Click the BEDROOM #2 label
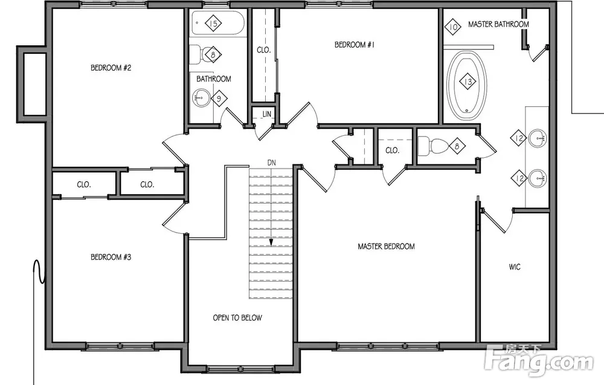pos(111,68)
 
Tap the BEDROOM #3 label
pos(111,257)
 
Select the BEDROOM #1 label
pos(355,45)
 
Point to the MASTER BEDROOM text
pos(387,246)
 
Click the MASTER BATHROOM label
pos(498,24)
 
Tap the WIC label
pos(515,267)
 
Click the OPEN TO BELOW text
pos(237,318)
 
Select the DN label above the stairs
pos(272,163)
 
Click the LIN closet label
pos(267,114)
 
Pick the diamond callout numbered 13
pos(467,82)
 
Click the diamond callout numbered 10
pos(453,27)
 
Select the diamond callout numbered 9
pos(219,99)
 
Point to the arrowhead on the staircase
pos(271,242)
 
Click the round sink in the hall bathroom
pos(201,98)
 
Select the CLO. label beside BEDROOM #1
pos(264,50)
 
